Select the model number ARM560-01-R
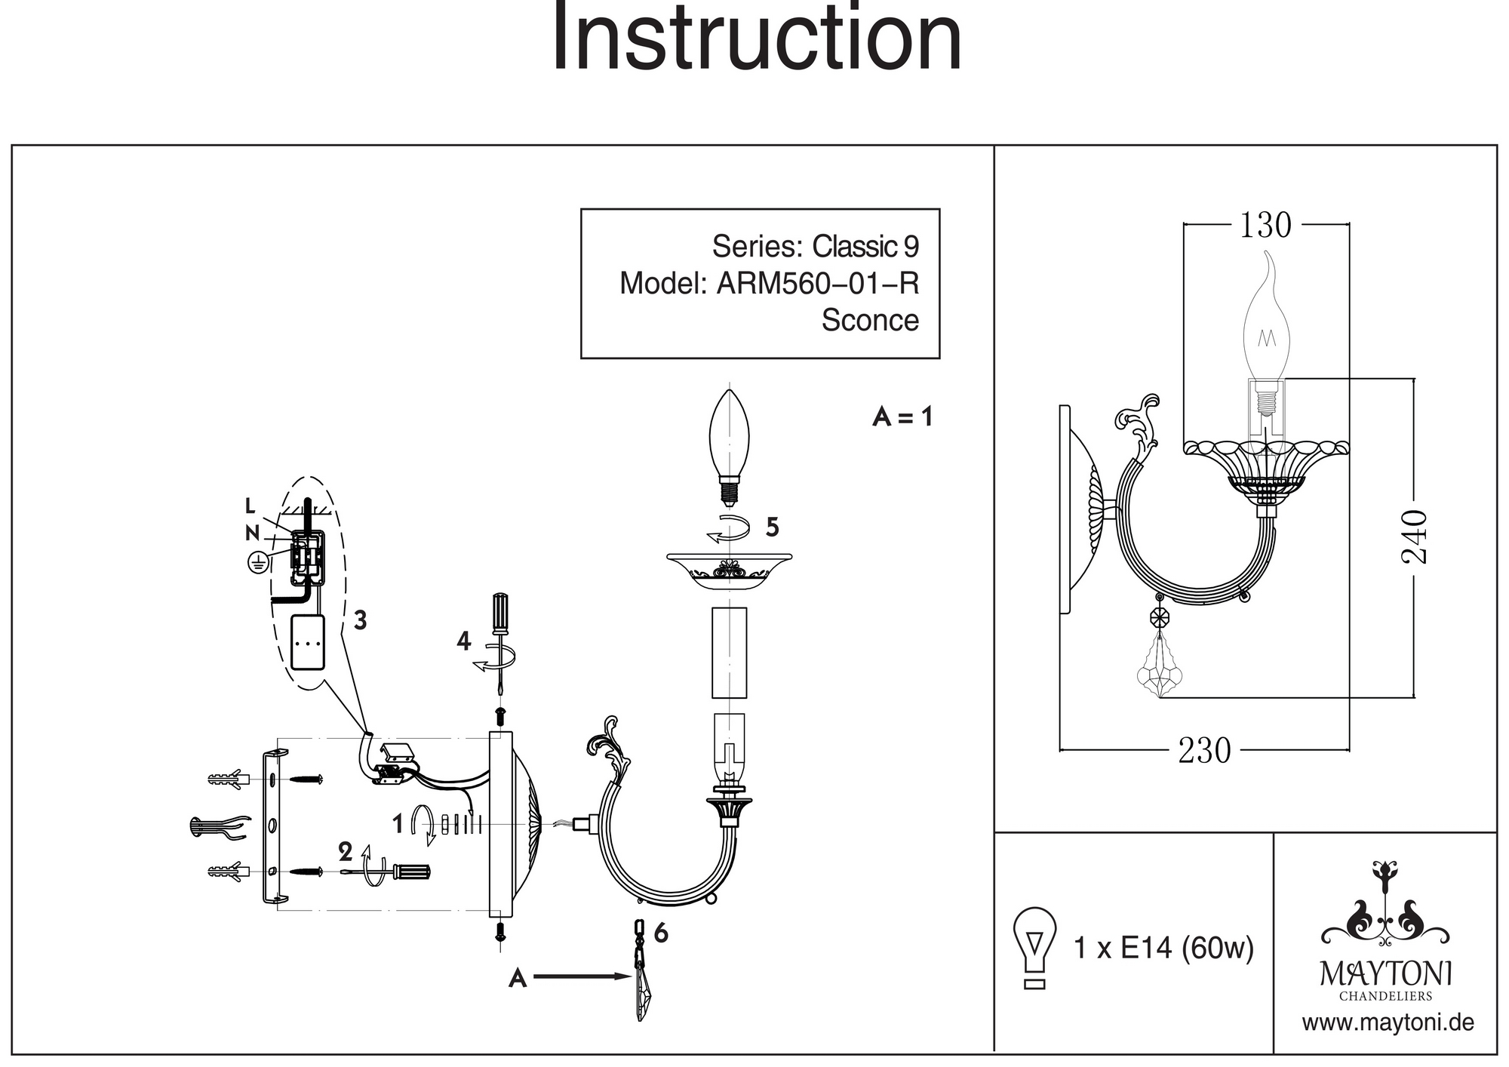tap(818, 284)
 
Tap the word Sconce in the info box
tap(870, 321)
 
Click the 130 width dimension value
tap(1265, 225)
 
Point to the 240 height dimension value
tap(1415, 537)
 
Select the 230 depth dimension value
tap(1204, 751)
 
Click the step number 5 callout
tap(772, 527)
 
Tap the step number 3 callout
tap(360, 620)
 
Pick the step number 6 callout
tap(661, 933)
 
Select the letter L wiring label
tap(250, 506)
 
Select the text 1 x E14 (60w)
tap(1163, 948)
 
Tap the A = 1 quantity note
tap(902, 417)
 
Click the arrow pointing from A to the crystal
tap(581, 977)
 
